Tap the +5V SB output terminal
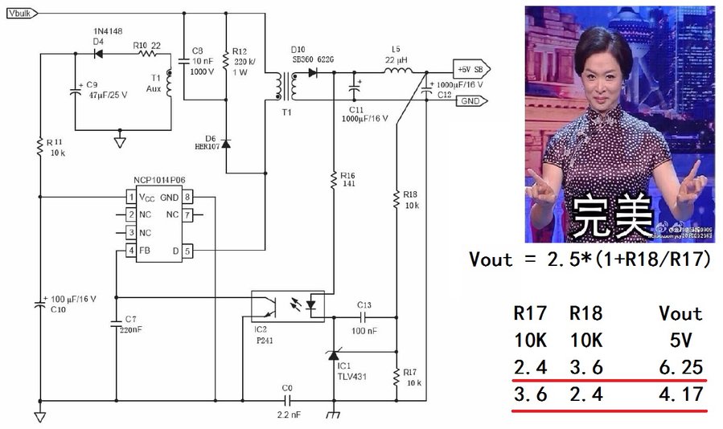tap(468, 68)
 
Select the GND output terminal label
tap(470, 100)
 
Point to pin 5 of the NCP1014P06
tap(187, 251)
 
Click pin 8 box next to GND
tap(187, 197)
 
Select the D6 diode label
tap(211, 139)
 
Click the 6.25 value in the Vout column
tap(680, 366)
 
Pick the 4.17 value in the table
tap(680, 395)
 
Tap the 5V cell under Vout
tap(680, 340)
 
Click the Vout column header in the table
tap(680, 313)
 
